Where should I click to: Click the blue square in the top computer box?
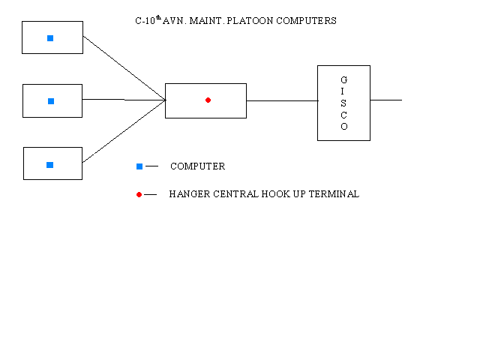50,38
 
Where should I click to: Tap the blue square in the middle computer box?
51,101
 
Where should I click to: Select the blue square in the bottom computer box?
50,165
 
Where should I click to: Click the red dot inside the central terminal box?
208,100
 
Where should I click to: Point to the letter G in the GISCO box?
344,79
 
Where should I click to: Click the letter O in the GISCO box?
344,127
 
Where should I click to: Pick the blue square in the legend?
139,166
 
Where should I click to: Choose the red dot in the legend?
139,194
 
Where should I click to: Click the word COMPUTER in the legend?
197,166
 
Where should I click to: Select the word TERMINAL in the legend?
335,194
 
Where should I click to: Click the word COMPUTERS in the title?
305,21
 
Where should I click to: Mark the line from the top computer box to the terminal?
124,67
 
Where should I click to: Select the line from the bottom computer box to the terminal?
124,131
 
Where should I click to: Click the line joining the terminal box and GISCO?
281,100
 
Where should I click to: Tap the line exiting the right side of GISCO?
385,100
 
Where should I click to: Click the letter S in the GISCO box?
344,103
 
